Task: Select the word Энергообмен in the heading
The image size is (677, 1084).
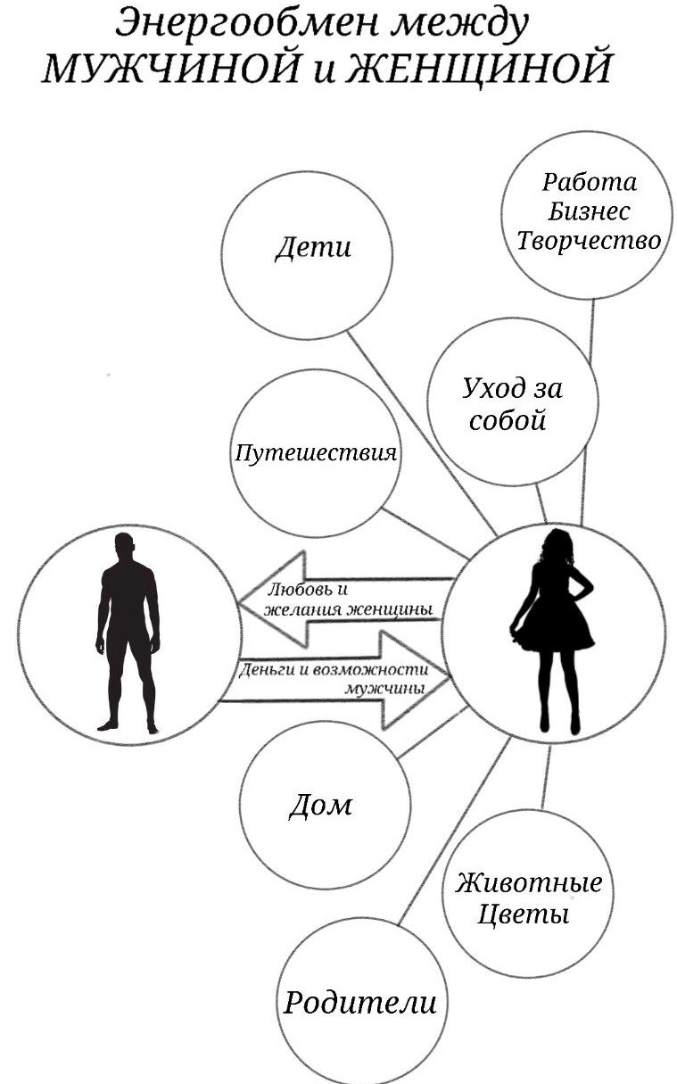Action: [246, 23]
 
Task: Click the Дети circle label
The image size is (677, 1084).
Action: [313, 247]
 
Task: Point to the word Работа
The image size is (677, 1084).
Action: [589, 182]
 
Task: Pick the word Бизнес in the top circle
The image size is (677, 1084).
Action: [589, 211]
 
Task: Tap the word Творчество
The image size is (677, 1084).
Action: [589, 241]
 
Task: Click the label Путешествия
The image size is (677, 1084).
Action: [316, 453]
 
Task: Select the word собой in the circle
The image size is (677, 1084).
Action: [507, 420]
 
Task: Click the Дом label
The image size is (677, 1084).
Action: [320, 806]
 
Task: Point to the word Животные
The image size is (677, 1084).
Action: [528, 882]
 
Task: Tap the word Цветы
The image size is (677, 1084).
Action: [523, 914]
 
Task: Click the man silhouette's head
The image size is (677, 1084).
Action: [124, 546]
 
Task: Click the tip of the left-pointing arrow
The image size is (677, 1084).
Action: [238, 604]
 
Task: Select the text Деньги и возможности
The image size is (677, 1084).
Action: [334, 670]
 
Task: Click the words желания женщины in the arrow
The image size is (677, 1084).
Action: [348, 609]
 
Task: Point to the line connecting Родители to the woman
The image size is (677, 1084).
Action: [454, 832]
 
